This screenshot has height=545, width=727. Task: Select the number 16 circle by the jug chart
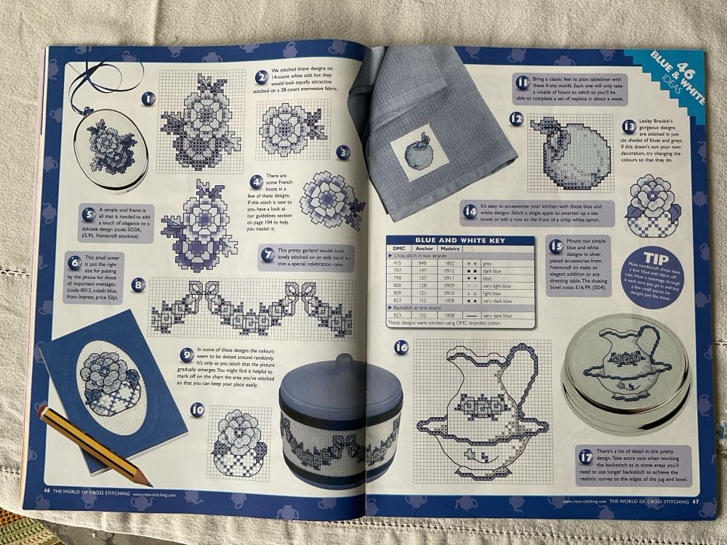coord(401,347)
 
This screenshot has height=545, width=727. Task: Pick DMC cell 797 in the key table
coord(399,270)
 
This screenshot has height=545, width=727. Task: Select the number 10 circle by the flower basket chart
coord(197,409)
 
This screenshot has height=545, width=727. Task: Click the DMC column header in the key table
coord(399,250)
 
